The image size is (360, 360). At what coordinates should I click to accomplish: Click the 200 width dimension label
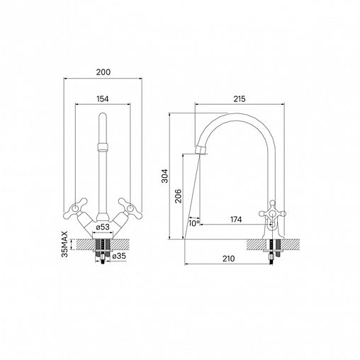coord(103,72)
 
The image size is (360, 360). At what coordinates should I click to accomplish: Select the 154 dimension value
coord(103,99)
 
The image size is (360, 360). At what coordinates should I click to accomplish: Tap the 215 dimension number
coord(240,99)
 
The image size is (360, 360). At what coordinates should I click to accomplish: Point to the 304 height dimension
coord(164,176)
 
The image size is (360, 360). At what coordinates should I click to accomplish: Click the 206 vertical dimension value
coord(179,196)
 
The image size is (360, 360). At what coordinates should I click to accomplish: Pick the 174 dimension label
coord(236,220)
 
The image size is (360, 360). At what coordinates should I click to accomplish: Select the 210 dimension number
coord(229,259)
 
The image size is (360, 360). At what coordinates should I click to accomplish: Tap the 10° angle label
coord(194,223)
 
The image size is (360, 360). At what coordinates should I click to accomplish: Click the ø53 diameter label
coord(103,227)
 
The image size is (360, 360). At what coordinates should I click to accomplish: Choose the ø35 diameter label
coord(119,256)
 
